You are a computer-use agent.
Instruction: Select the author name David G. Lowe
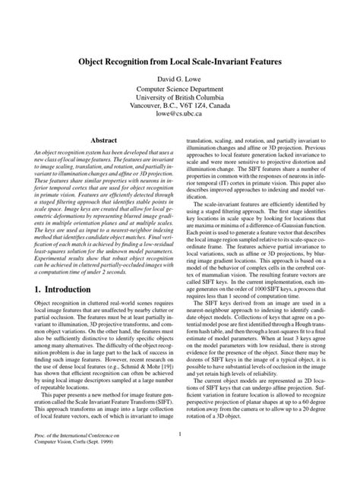coord(179,78)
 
